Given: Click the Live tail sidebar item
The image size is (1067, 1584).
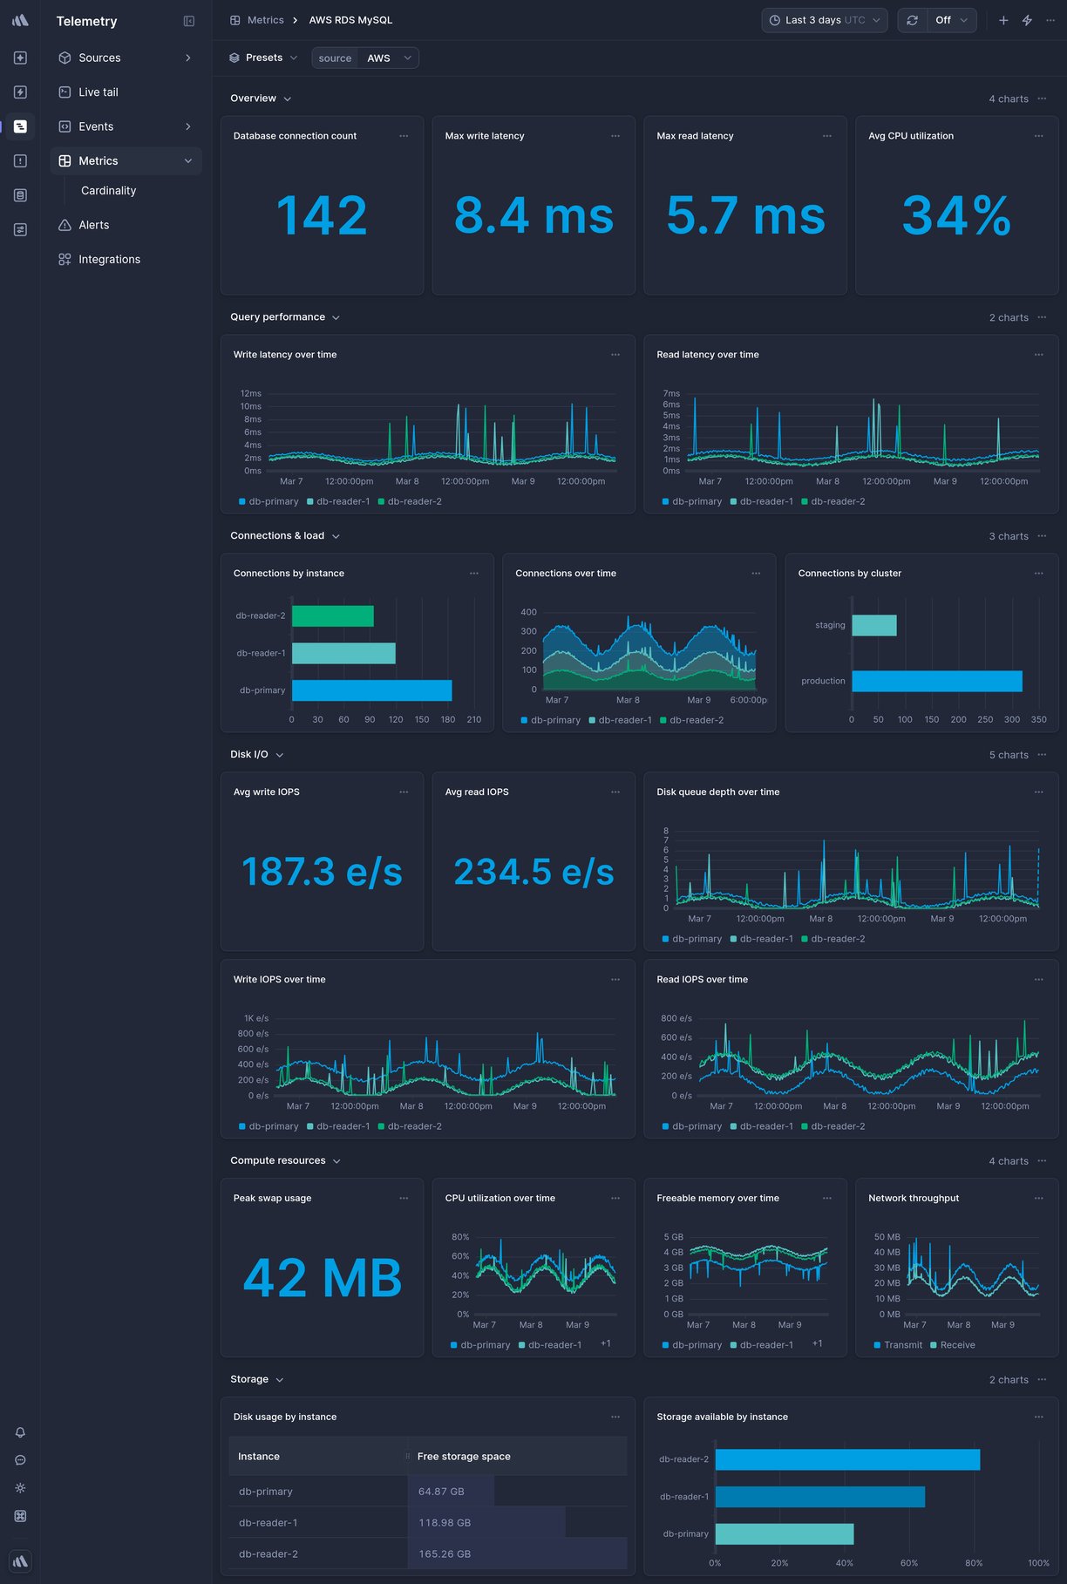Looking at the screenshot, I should click(x=98, y=92).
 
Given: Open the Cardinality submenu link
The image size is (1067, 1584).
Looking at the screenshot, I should click(x=108, y=191).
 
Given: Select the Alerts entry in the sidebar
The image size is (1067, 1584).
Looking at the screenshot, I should click(x=93, y=225).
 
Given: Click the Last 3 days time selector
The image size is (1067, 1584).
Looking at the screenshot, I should click(x=824, y=20).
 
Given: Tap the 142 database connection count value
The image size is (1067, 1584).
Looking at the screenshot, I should click(x=322, y=216).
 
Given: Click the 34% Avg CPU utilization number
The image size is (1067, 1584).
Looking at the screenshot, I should click(x=956, y=216).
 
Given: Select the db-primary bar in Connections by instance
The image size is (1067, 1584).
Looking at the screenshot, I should click(x=371, y=690).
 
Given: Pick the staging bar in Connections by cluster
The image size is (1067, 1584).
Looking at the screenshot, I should click(x=873, y=625).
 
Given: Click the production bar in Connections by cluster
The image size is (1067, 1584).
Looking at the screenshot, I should click(x=936, y=681).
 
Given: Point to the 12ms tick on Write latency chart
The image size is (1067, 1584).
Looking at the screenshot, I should click(x=251, y=394).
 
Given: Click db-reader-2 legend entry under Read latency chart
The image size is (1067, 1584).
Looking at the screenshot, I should click(x=837, y=502).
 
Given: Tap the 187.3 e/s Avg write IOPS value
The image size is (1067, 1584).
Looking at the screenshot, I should click(x=322, y=872).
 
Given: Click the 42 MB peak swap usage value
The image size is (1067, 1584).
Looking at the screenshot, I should click(x=322, y=1278).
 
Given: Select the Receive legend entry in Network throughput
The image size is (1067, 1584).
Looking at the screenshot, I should click(x=956, y=1345).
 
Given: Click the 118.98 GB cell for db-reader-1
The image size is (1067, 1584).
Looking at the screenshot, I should click(x=445, y=1523).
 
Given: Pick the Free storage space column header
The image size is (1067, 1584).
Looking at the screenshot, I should click(x=464, y=1457).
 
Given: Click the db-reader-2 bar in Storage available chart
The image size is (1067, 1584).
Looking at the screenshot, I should click(x=846, y=1459).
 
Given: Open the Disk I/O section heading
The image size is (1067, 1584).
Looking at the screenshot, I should click(x=249, y=755).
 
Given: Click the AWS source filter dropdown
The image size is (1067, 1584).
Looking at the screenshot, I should click(x=388, y=58).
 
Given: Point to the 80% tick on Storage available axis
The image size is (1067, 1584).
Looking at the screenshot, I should click(x=973, y=1563).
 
